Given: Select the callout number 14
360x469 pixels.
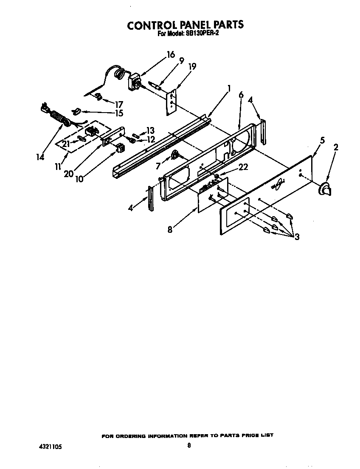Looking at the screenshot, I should point(40,157).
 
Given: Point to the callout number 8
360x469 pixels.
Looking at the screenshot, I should point(170,229).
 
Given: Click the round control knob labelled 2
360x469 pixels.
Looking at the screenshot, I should point(325,188).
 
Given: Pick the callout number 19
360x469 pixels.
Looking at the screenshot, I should point(192,66).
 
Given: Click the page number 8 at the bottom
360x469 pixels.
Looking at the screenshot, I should point(189,445).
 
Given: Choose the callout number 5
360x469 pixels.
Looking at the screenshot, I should point(322,140).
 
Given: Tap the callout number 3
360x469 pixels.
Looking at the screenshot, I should point(297,237).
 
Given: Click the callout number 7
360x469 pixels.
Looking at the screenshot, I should point(158,167).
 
